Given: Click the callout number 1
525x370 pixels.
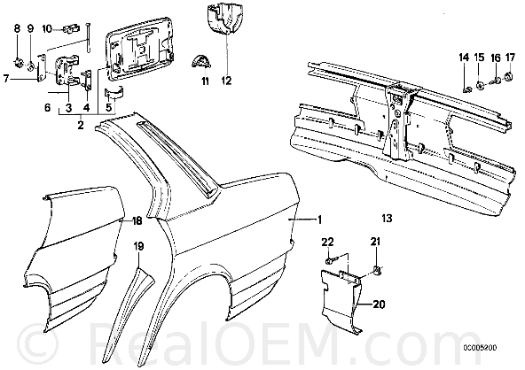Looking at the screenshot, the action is (x=320, y=220).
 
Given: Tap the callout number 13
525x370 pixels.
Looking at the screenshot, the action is (x=387, y=219).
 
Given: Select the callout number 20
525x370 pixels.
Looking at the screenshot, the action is (x=379, y=304).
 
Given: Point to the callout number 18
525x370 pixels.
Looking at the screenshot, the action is (x=137, y=220).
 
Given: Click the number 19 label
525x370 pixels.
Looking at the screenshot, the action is (x=138, y=246).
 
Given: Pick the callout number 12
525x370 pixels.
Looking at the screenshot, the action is (x=227, y=81).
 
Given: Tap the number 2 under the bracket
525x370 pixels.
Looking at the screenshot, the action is (x=81, y=125).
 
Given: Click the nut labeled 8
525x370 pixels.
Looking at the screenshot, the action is (x=19, y=61).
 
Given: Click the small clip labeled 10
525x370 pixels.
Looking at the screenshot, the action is (x=71, y=28).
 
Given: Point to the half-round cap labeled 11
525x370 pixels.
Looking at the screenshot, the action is (x=200, y=62).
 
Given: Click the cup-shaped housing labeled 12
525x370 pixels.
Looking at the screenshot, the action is (x=223, y=19).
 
